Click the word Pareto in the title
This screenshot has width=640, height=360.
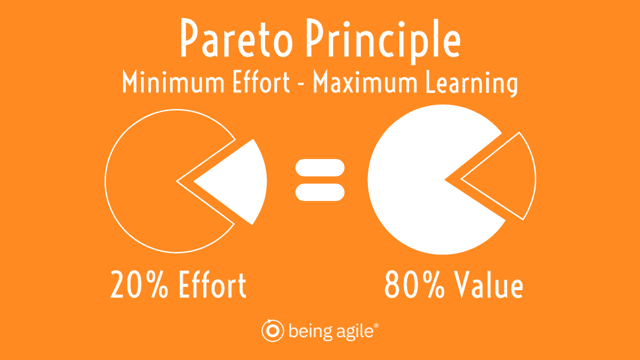tap(237, 38)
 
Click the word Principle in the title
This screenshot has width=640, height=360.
tap(383, 41)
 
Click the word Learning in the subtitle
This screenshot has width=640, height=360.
tap(471, 83)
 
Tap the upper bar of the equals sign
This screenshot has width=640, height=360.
tap(320, 167)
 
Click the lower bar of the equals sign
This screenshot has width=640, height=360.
tap(320, 192)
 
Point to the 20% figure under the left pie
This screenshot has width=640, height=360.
tap(139, 284)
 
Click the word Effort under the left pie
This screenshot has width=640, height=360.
tap(212, 284)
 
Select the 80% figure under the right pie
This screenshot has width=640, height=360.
tap(414, 284)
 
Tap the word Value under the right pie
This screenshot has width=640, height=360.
tap(488, 284)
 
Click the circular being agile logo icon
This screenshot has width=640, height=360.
tap(272, 330)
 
